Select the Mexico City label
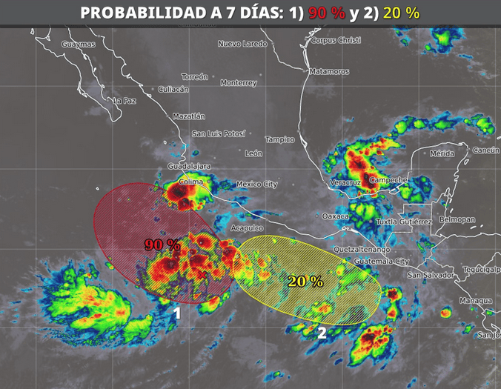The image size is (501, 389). tap(256, 184)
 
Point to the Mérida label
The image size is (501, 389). tap(441, 153)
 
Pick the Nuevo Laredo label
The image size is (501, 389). tap(242, 44)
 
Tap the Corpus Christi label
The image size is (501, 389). tap(336, 40)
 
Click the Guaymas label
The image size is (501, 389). tap(79, 44)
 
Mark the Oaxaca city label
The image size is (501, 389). tap(335, 216)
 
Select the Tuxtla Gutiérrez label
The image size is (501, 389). tap(404, 222)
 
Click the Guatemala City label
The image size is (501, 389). tap(382, 262)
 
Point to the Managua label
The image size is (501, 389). tap(475, 301)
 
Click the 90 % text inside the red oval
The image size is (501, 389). tap(162, 245)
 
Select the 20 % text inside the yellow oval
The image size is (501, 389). tap(305, 281)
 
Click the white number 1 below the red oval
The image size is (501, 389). tap(177, 313)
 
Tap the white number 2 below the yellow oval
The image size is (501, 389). tap(322, 333)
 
